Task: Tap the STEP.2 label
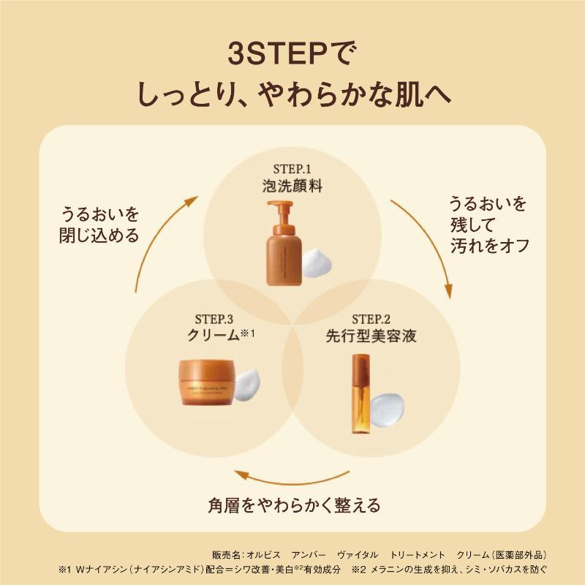371,320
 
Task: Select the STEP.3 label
215,320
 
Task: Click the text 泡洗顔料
292,186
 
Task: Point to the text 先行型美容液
371,336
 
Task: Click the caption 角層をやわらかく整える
292,505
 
